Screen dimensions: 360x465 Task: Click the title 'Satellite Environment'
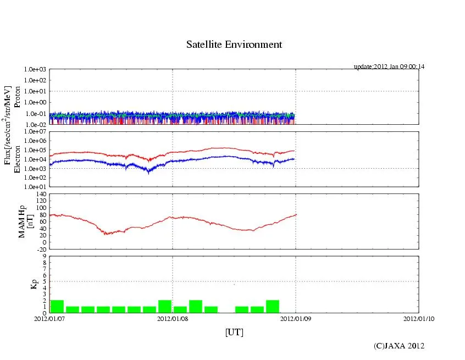(x=234, y=45)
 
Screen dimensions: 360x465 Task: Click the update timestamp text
(x=389, y=67)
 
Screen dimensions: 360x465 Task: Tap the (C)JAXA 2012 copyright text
(x=399, y=346)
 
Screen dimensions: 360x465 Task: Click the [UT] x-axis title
(x=234, y=332)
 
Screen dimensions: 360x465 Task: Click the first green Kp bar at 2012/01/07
(x=57, y=307)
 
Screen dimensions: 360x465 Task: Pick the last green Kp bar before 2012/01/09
(x=273, y=307)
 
